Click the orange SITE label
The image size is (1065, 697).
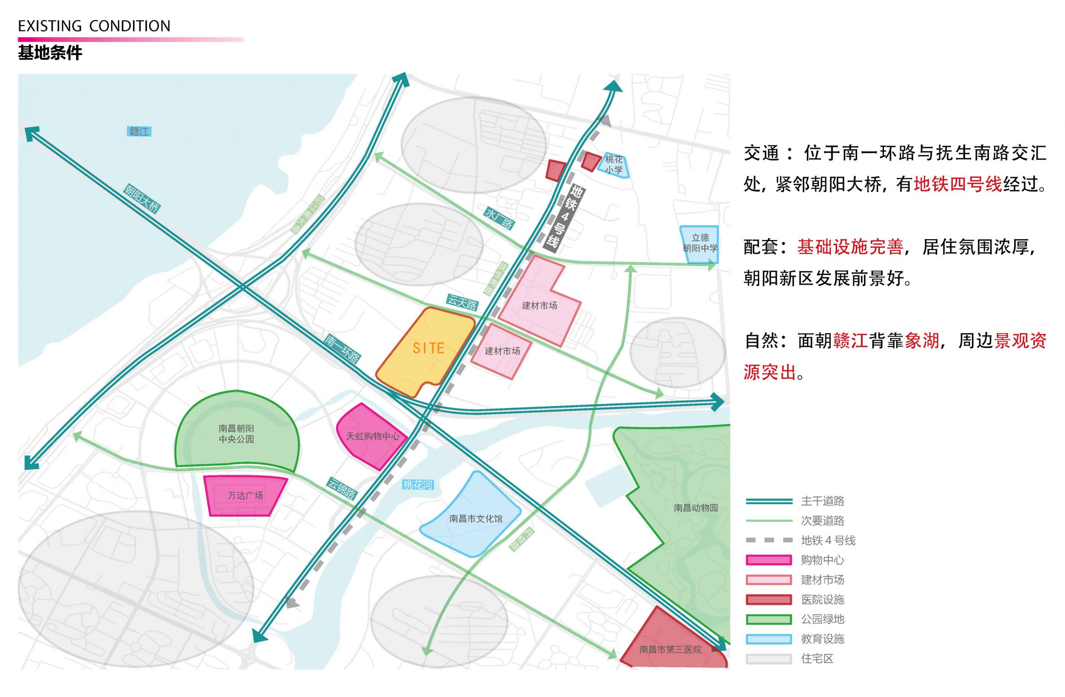(x=428, y=348)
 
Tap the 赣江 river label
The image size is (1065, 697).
(x=139, y=132)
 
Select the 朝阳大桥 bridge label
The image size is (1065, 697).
(x=142, y=198)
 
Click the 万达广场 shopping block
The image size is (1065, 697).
(x=245, y=495)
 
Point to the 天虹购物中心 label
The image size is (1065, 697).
(x=373, y=436)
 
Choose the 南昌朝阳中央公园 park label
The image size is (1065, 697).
(x=236, y=434)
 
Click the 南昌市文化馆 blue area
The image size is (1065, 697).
(x=476, y=518)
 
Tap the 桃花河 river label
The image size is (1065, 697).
(x=418, y=485)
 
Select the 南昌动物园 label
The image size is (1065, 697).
(x=695, y=508)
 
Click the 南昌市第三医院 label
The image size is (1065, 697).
(x=670, y=649)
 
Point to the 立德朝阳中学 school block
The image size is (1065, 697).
(x=700, y=244)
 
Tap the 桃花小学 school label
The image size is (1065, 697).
(x=613, y=164)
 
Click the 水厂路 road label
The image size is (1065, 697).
(x=499, y=218)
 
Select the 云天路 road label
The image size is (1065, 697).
(x=462, y=302)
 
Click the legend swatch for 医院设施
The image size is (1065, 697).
(x=768, y=599)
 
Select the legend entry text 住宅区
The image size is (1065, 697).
(x=817, y=658)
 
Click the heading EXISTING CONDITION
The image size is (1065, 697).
(x=94, y=26)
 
